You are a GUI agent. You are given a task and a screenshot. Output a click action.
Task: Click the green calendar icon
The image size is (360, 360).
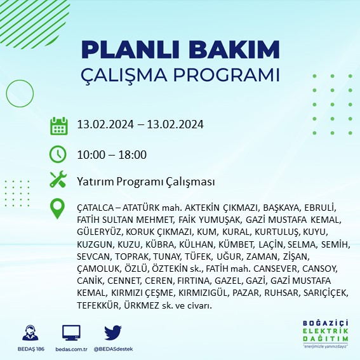[58, 125]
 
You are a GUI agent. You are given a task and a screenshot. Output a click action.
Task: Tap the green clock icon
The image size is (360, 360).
[58, 154]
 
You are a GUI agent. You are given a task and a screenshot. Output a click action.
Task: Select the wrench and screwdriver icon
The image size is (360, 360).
[58, 180]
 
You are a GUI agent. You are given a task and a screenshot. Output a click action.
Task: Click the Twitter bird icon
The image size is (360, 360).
[112, 333]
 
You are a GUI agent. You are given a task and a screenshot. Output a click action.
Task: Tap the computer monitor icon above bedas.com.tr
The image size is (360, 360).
[71, 333]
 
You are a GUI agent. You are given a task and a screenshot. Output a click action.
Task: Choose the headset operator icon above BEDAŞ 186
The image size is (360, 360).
[29, 333]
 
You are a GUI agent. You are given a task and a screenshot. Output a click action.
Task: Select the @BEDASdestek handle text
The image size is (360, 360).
[112, 349]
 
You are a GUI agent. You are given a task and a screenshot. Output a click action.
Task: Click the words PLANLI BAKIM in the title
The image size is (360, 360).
[180, 50]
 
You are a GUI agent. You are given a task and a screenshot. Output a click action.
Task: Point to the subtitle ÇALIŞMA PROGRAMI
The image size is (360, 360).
[180, 75]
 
